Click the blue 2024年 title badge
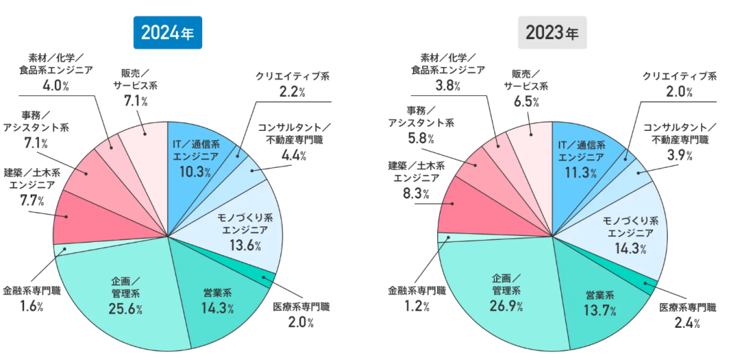(167, 33)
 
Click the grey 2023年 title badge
(552, 33)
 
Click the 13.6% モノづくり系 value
(246, 246)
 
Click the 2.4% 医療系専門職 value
(688, 323)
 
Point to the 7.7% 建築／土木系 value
(31, 201)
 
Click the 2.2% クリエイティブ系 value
(293, 92)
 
